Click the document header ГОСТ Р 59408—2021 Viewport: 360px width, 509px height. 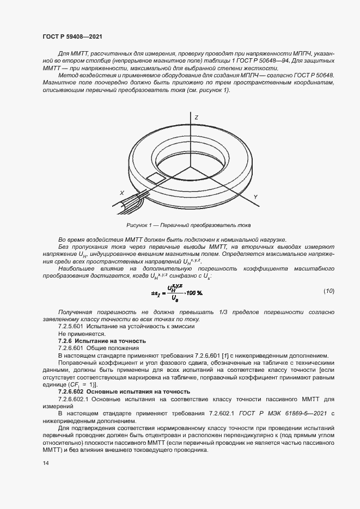tap(72, 36)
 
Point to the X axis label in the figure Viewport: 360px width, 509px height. tap(122, 193)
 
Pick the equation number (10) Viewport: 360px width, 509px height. tap(329, 291)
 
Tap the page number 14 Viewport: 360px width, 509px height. tap(45, 463)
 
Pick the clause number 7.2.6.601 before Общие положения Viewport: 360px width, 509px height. tap(70, 347)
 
